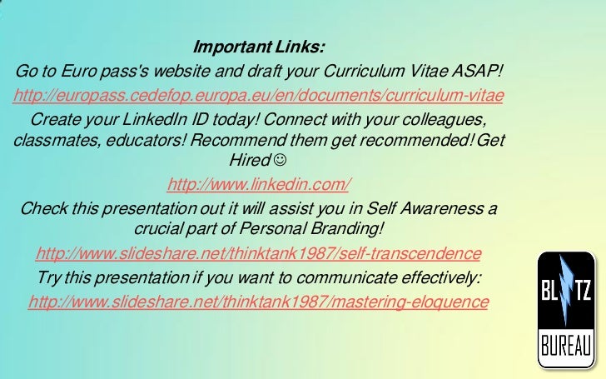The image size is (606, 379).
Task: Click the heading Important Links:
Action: [x=259, y=45]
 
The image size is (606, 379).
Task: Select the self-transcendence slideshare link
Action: [x=259, y=252]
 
